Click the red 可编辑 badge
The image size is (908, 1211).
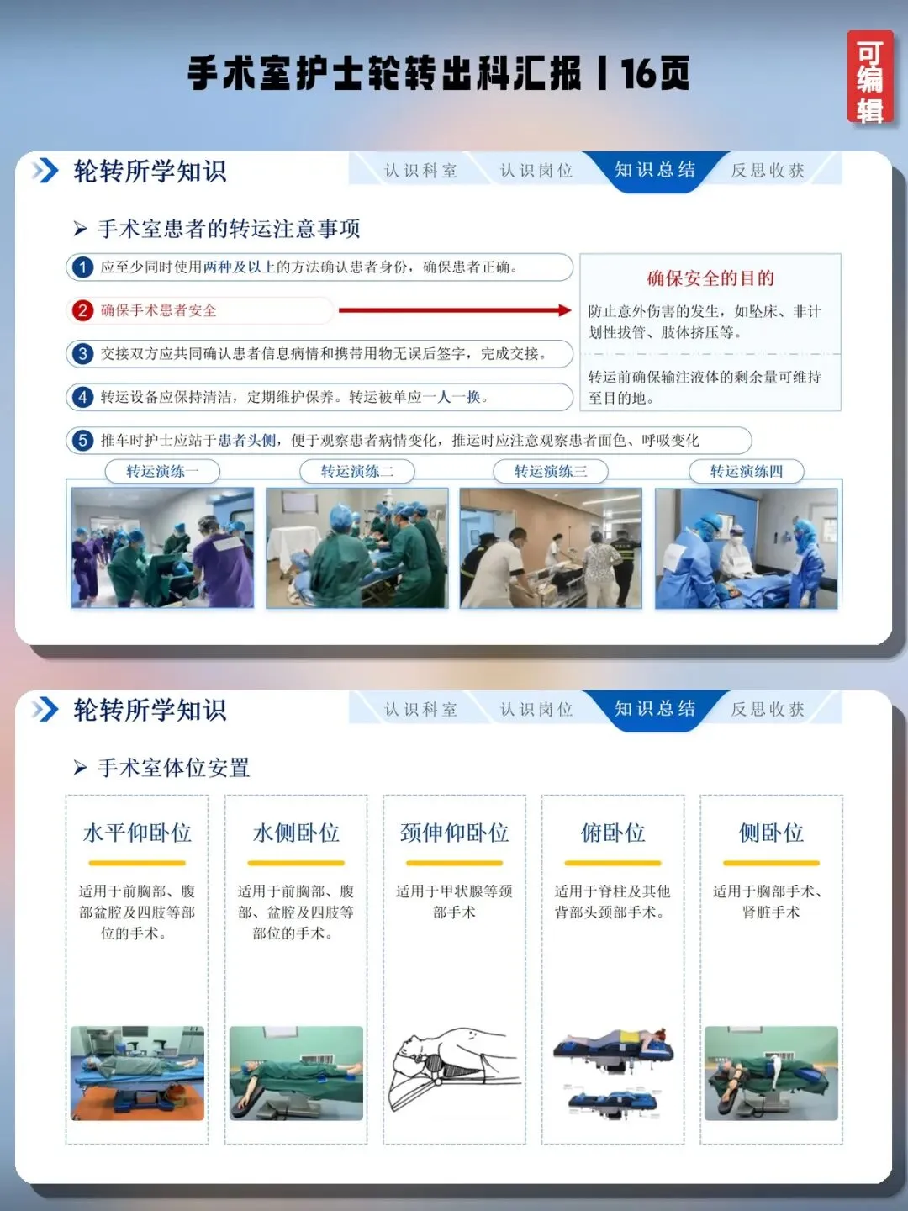click(870, 77)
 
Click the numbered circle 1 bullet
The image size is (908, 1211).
click(82, 267)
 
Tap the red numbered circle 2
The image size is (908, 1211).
click(82, 310)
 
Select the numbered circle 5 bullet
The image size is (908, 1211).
click(82, 441)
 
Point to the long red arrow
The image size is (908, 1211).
click(455, 310)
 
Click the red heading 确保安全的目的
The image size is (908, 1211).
click(710, 278)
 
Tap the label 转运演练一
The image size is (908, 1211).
click(162, 472)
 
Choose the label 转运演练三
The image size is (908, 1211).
click(550, 472)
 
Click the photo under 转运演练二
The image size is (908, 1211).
click(356, 547)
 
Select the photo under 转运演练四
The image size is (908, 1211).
click(746, 547)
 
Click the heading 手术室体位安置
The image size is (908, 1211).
click(173, 768)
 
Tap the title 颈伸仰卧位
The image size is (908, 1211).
click(454, 833)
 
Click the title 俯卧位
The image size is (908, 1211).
click(613, 833)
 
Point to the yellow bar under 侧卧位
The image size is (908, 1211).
click(771, 863)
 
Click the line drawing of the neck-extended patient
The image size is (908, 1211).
click(454, 1069)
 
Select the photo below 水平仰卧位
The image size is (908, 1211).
click(137, 1073)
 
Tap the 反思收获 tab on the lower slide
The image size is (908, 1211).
click(768, 709)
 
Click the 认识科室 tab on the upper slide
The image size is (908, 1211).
click(420, 171)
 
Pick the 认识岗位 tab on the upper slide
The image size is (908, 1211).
click(536, 171)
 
